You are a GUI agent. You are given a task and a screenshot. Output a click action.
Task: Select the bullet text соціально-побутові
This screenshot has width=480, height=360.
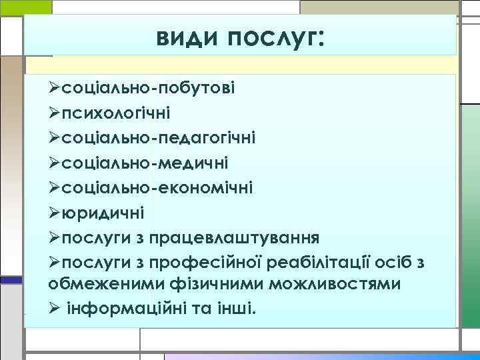point(146,87)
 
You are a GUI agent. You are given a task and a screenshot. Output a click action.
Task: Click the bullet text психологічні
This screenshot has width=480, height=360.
point(115,111)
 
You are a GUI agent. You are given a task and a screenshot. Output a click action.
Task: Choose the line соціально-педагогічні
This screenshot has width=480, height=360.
point(157,136)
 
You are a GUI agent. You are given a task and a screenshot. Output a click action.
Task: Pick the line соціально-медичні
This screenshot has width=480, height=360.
point(146,162)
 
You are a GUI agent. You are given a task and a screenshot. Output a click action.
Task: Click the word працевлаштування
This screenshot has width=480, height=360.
point(235,237)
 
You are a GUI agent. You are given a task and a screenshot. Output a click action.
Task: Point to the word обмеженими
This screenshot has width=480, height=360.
point(99,285)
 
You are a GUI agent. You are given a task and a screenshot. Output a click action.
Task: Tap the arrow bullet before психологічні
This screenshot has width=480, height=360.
point(55,111)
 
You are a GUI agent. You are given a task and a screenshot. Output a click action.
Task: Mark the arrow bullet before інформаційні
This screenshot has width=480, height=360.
point(55,310)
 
